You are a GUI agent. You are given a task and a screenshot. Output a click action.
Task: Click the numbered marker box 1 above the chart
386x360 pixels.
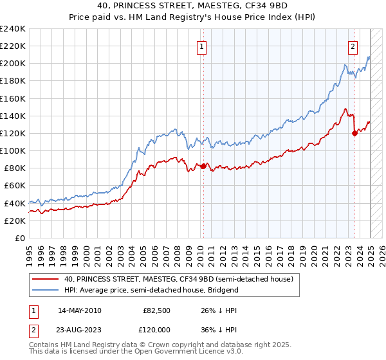pyautogui.click(x=202, y=46)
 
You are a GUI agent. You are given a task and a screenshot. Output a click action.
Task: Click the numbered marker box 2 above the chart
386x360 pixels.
pyautogui.click(x=353, y=46)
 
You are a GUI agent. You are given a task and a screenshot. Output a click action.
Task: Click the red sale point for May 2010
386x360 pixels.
pyautogui.click(x=204, y=166)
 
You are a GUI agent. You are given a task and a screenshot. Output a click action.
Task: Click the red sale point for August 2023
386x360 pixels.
pyautogui.click(x=354, y=133)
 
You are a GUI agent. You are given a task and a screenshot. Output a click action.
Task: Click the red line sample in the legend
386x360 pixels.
pyautogui.click(x=46, y=279)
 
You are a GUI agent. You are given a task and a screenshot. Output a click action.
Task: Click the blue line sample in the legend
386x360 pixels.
pyautogui.click(x=46, y=290)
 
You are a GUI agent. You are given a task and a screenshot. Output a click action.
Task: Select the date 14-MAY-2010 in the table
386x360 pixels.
pyautogui.click(x=79, y=310)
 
